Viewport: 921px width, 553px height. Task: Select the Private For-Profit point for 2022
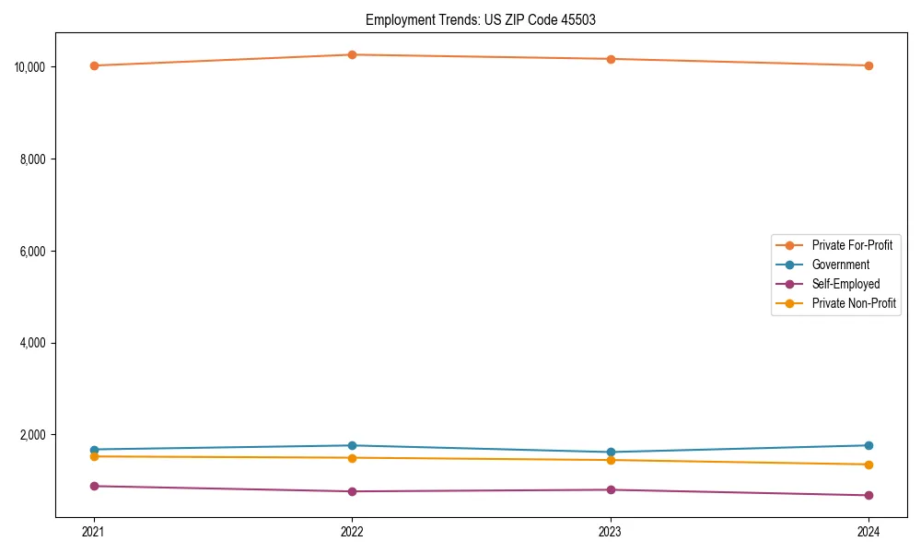(352, 54)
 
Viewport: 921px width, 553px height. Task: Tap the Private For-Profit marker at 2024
(869, 65)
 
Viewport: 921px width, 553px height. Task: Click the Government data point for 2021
(94, 450)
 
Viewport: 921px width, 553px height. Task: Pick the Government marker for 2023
(611, 453)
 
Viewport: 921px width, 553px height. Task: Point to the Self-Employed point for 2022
(352, 491)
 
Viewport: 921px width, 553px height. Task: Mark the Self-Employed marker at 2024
(869, 496)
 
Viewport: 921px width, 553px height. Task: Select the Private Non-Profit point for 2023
(611, 460)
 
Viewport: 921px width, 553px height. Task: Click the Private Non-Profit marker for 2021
(94, 456)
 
